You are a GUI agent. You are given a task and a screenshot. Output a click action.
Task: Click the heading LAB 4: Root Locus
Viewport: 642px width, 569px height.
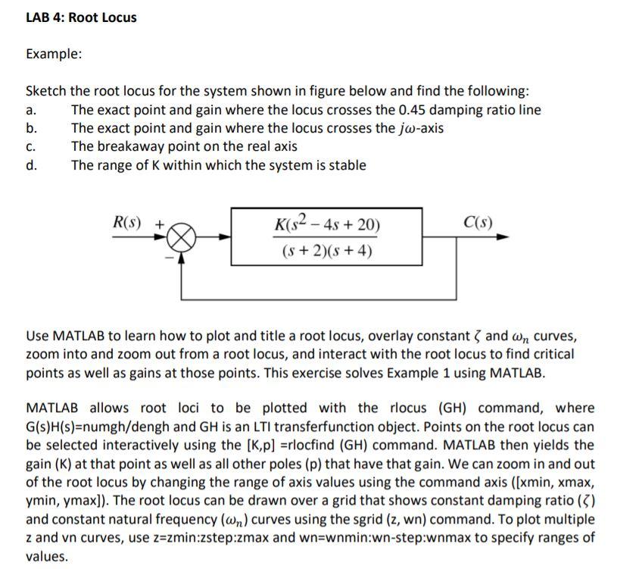pos(81,17)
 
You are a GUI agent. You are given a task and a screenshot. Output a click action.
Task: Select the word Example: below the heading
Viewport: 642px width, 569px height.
pos(54,55)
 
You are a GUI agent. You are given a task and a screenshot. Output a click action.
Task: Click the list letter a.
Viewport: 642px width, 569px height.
pos(30,110)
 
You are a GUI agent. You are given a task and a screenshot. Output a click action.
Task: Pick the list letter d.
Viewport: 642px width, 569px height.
pos(31,165)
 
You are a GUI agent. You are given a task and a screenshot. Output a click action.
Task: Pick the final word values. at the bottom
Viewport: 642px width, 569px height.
pos(47,556)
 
